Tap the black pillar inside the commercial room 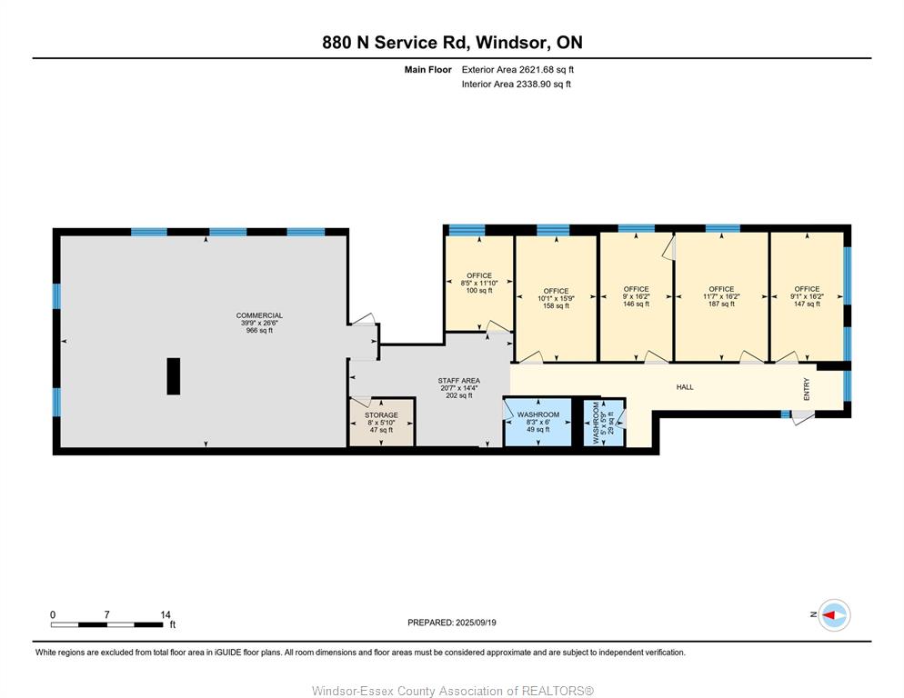174,376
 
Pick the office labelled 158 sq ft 556,299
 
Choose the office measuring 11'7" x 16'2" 721,296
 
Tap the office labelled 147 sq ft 807,296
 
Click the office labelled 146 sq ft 636,296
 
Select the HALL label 685,387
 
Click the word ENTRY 807,389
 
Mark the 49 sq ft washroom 537,422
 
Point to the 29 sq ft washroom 603,423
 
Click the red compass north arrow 829,615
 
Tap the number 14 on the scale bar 166,615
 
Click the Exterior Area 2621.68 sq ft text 517,70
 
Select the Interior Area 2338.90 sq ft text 516,85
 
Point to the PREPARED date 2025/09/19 476,623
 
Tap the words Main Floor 427,70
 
